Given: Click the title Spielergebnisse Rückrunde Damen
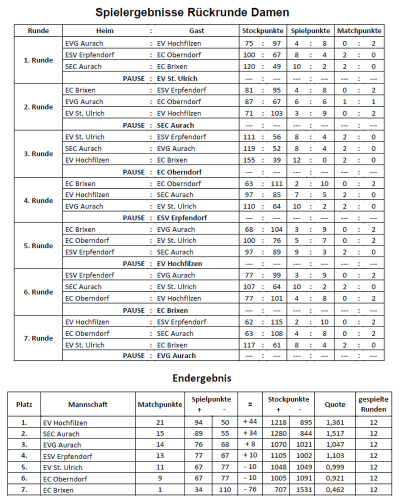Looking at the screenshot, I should [x=199, y=12].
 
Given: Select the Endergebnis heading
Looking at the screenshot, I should [x=201, y=378].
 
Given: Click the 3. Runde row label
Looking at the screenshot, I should [x=38, y=154].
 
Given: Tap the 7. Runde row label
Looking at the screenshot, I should [x=38, y=338].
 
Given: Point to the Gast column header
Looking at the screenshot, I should [x=196, y=30].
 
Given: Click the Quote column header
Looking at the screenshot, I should [x=335, y=404].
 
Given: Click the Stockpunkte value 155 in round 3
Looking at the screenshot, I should [x=249, y=160].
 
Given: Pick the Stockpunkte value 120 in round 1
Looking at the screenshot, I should [x=249, y=66].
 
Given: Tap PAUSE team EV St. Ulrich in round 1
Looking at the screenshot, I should [x=177, y=78].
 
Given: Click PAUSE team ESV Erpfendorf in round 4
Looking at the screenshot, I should [x=182, y=218].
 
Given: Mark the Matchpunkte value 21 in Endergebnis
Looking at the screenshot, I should [x=160, y=422].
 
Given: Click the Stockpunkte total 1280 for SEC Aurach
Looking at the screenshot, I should [x=278, y=433].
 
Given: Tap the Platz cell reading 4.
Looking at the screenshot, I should [x=24, y=455].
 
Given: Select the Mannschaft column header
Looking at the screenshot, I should [x=88, y=404].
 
